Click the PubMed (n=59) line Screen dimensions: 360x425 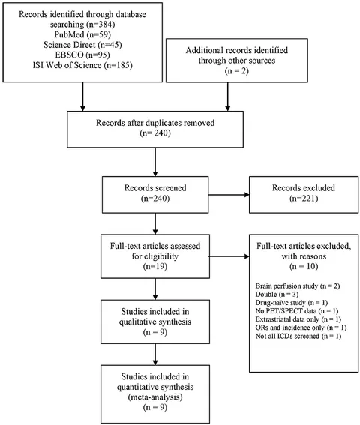click(x=82, y=34)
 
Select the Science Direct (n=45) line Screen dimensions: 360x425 click(x=82, y=45)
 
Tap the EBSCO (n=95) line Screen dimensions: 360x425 click(x=82, y=55)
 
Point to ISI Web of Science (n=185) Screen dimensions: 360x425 click(x=82, y=65)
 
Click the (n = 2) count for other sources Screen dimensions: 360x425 click(x=236, y=71)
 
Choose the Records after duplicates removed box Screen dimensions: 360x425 click(x=155, y=129)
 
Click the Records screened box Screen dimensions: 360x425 click(x=155, y=195)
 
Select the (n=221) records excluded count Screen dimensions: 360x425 click(x=304, y=199)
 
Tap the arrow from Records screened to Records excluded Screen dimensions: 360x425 click(x=229, y=195)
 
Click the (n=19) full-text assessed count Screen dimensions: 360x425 click(x=155, y=266)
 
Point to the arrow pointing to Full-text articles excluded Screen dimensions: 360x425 click(x=229, y=256)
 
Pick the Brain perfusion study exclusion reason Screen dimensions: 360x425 click(x=298, y=286)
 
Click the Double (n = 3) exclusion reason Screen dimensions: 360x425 click(x=277, y=295)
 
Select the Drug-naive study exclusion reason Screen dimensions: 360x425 click(x=292, y=303)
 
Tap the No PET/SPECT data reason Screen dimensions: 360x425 click(x=297, y=311)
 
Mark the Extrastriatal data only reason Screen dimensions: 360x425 click(x=298, y=319)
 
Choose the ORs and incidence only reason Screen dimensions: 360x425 click(x=301, y=328)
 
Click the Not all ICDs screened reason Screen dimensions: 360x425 click(x=298, y=336)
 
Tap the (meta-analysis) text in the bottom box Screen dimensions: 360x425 click(x=155, y=397)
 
